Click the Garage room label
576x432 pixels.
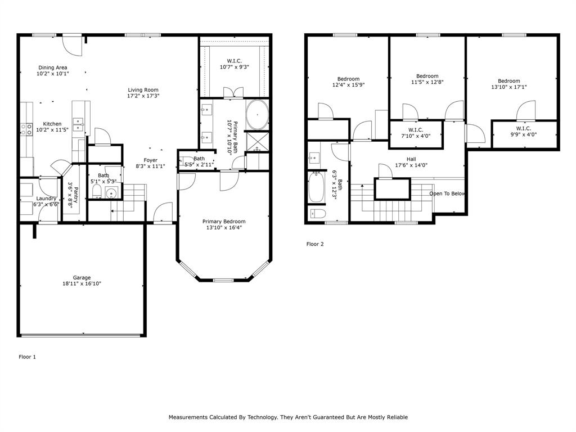pyautogui.click(x=82, y=278)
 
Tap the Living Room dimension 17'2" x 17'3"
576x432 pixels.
pyautogui.click(x=143, y=96)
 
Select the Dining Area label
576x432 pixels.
pyautogui.click(x=53, y=67)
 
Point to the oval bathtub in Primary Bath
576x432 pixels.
pyautogui.click(x=257, y=115)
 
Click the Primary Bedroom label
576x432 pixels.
pyautogui.click(x=224, y=222)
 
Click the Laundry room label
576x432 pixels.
pyautogui.click(x=46, y=199)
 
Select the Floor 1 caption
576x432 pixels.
pyautogui.click(x=28, y=357)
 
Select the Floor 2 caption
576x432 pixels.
pyautogui.click(x=315, y=244)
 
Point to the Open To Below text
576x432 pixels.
pyautogui.click(x=447, y=193)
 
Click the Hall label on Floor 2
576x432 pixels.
pyautogui.click(x=411, y=159)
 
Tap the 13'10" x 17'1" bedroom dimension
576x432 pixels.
pyautogui.click(x=509, y=87)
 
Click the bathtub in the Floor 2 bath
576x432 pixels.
pyautogui.click(x=316, y=187)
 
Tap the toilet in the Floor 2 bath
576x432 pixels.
pyautogui.click(x=318, y=213)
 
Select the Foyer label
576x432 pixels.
pyautogui.click(x=151, y=160)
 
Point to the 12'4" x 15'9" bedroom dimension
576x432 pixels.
pyautogui.click(x=349, y=85)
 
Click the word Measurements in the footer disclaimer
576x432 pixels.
pyautogui.click(x=188, y=417)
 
